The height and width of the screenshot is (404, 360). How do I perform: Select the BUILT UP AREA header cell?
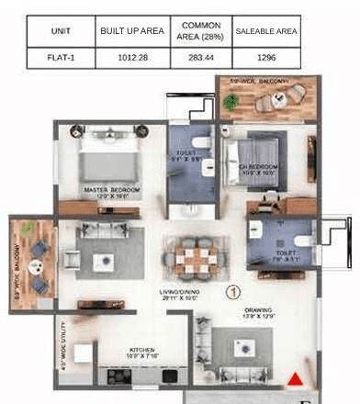point(131,31)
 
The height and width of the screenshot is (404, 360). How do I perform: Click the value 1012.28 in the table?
point(131,57)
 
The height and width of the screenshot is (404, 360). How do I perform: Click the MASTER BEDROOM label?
point(110,192)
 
